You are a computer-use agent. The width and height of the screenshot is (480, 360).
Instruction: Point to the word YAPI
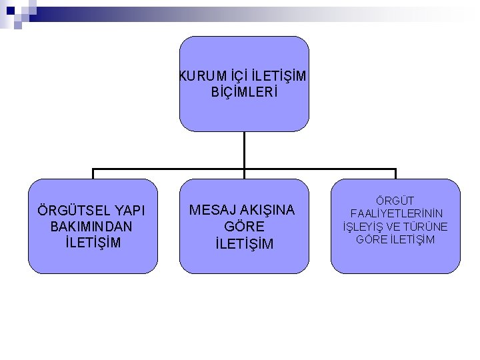click(131, 211)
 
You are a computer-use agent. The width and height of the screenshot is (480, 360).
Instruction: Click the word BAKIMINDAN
click(91, 227)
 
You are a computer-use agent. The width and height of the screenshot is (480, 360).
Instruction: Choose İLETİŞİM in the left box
click(91, 242)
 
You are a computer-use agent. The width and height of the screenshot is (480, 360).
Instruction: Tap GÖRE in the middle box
click(244, 227)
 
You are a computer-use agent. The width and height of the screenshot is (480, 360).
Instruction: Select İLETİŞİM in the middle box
click(244, 243)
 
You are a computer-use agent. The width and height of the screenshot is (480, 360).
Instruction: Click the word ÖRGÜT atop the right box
click(395, 201)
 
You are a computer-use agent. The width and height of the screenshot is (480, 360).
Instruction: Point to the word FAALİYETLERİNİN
click(395, 213)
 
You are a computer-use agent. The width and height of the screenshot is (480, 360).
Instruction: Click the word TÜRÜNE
click(428, 227)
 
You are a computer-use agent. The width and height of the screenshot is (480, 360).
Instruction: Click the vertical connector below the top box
click(244, 149)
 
